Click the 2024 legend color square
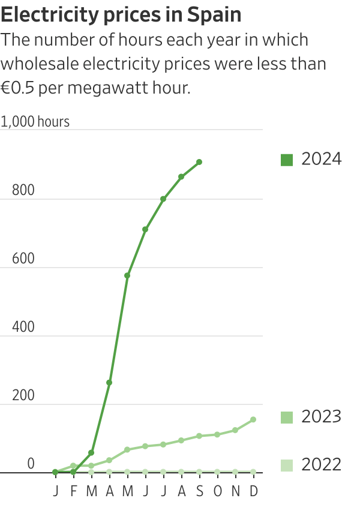pos(287,160)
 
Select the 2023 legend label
pos(321,416)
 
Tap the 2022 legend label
pos(321,464)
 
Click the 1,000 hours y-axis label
pos(35,122)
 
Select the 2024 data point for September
pos(199,162)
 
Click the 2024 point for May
pos(127,275)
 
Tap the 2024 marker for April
pos(109,382)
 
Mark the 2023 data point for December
pos(253,419)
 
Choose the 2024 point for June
pos(145,229)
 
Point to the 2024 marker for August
pos(181,176)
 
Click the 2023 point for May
pos(127,449)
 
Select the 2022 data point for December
pos(253,472)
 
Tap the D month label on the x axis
pos(253,491)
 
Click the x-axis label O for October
pos(217,491)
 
